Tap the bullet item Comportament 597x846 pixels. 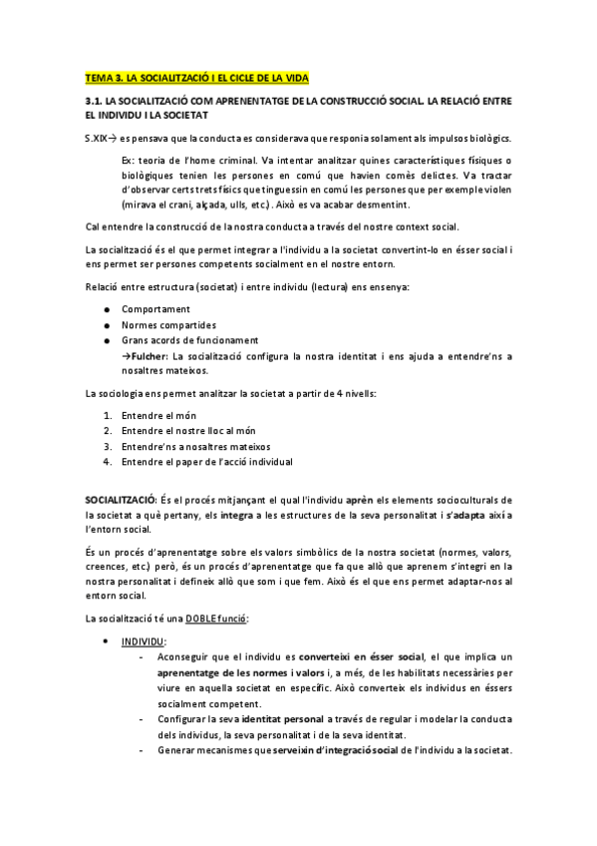[x=155, y=309]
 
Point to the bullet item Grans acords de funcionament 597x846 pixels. [x=188, y=340]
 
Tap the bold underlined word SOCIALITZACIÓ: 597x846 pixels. [x=120, y=498]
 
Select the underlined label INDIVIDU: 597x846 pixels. [x=145, y=641]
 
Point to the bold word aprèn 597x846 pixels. [x=364, y=498]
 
